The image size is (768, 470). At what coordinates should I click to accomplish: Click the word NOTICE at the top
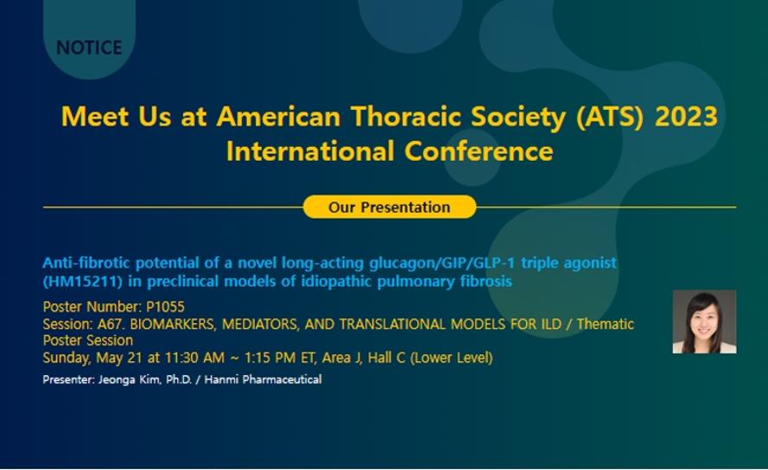pyautogui.click(x=89, y=48)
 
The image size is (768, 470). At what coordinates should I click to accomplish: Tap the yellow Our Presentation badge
pyautogui.click(x=390, y=206)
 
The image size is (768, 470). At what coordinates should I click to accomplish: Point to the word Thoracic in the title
pyautogui.click(x=407, y=117)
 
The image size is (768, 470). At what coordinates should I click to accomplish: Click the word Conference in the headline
pyautogui.click(x=479, y=150)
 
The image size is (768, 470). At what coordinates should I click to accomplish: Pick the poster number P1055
pyautogui.click(x=166, y=307)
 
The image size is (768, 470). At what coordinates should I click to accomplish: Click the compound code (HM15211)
pyautogui.click(x=82, y=282)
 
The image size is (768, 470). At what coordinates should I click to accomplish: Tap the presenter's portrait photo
pyautogui.click(x=704, y=321)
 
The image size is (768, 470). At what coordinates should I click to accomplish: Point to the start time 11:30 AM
pyautogui.click(x=194, y=358)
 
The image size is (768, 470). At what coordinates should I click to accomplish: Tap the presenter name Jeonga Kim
pyautogui.click(x=130, y=379)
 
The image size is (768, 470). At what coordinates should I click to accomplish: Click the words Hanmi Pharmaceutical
pyautogui.click(x=263, y=379)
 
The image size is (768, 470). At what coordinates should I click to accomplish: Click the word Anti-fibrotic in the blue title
pyautogui.click(x=86, y=263)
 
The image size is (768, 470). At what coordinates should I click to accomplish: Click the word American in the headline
pyautogui.click(x=278, y=117)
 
